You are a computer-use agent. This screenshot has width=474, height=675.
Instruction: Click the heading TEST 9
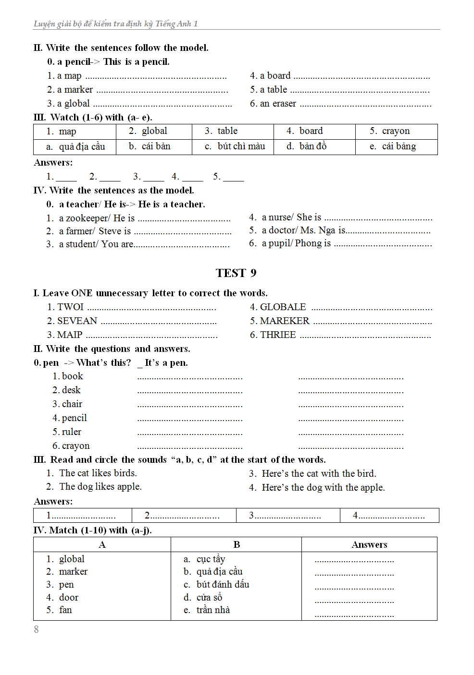(236, 273)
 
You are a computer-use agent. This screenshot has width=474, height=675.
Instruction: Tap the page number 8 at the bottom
(36, 629)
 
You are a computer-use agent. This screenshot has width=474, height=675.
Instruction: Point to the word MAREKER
(285, 321)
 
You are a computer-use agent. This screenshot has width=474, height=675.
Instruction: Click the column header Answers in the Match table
(369, 544)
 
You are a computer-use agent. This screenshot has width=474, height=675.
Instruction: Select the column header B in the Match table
(237, 544)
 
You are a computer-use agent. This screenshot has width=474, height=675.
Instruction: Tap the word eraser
(284, 103)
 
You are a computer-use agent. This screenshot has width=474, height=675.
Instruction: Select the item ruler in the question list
(71, 432)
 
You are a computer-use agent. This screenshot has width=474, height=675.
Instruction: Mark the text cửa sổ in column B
(209, 597)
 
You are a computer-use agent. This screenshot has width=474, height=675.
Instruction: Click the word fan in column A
(65, 610)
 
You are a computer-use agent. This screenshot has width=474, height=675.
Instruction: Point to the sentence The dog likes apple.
(100, 486)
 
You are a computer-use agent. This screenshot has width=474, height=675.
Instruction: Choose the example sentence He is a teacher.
(172, 204)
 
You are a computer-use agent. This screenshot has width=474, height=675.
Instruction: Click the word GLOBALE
(283, 307)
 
